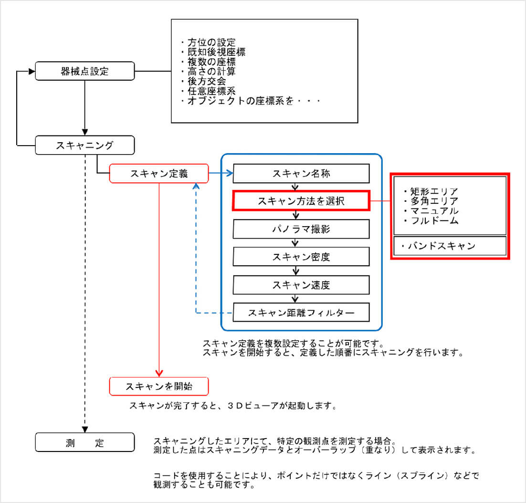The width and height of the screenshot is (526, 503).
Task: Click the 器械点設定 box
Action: tap(85, 72)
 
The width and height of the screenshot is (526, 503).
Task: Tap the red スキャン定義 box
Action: tap(159, 174)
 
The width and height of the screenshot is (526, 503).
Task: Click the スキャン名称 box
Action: tap(301, 174)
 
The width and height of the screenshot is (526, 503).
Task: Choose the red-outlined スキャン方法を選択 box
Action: tap(301, 201)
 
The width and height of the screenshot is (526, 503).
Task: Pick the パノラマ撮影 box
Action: tap(301, 229)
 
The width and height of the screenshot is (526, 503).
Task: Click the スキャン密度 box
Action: tap(301, 257)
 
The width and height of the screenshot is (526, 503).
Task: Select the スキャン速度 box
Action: tap(301, 285)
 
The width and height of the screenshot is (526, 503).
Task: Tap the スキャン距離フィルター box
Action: tap(301, 313)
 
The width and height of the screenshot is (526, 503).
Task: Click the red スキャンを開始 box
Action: tap(159, 386)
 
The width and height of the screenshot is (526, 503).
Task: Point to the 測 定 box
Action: tap(85, 442)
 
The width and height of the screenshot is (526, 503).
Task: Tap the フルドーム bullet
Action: tap(431, 220)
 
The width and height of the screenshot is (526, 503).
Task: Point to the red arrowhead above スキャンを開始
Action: tap(159, 373)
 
